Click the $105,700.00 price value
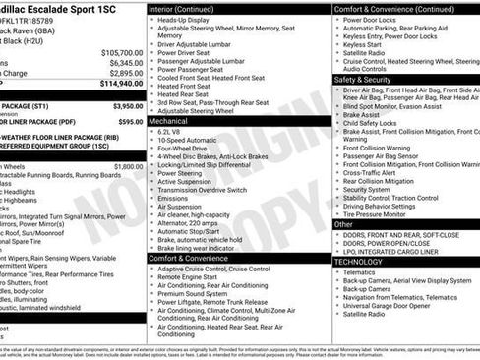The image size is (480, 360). click(121, 52)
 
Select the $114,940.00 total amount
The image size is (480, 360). click(121, 84)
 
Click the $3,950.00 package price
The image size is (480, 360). click(127, 106)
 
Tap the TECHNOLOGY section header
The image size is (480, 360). click(358, 263)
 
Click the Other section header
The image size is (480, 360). click(344, 224)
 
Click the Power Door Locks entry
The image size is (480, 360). click(375, 19)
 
